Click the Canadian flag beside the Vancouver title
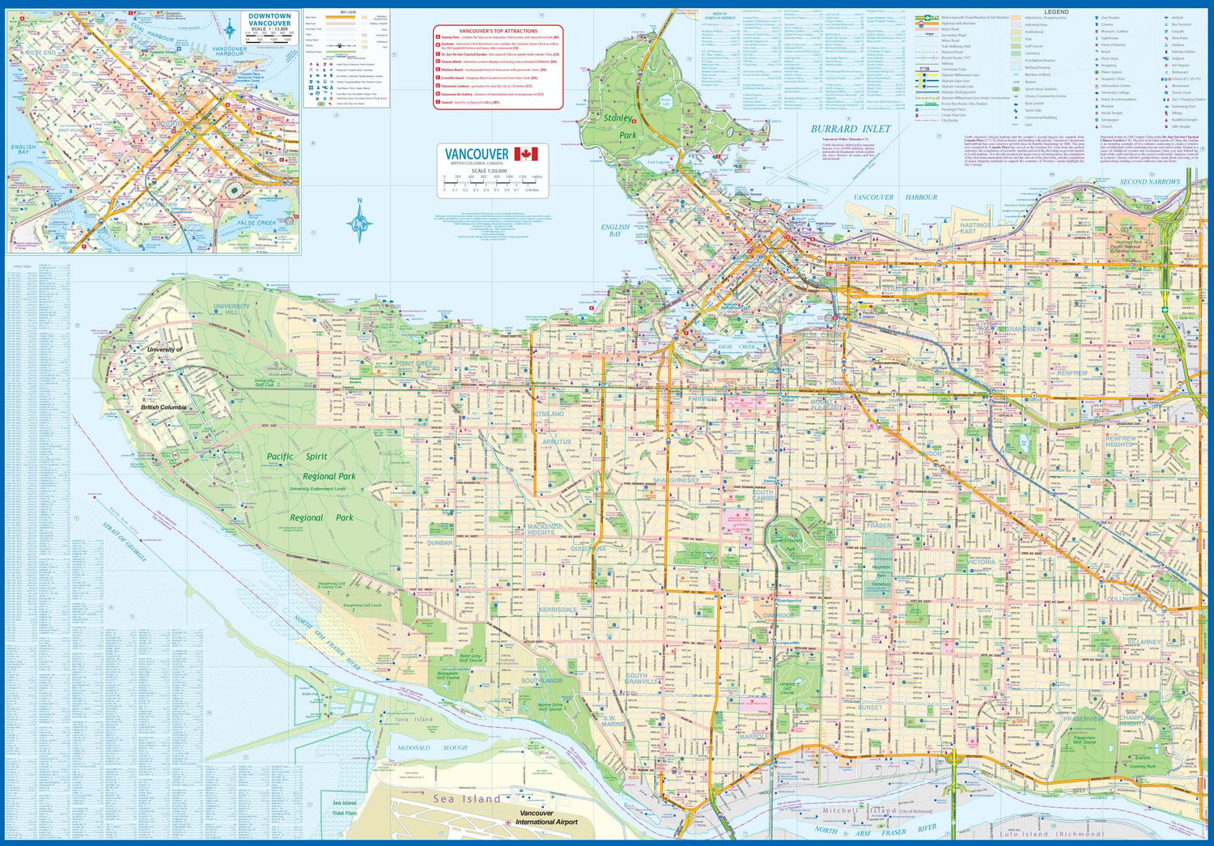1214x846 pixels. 526,154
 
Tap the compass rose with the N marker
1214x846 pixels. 359,220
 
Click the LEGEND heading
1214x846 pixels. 1056,12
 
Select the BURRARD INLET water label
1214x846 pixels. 851,129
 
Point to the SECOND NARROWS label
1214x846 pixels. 1149,182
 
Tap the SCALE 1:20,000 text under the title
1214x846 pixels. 489,171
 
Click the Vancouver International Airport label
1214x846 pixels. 546,818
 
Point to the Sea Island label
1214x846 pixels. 466,799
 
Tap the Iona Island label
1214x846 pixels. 414,719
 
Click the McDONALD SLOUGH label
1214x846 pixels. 431,748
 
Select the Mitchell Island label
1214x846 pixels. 860,810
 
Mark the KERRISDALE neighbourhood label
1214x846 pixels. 558,610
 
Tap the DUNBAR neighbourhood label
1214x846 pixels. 439,543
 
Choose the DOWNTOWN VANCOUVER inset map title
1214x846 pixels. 270,19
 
